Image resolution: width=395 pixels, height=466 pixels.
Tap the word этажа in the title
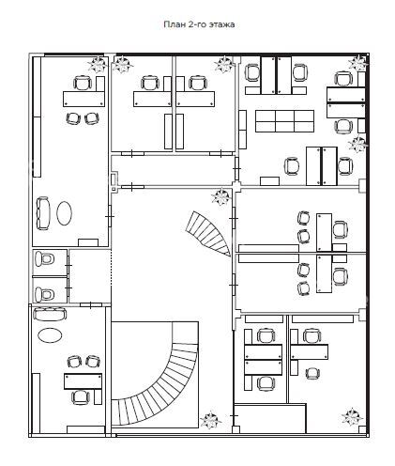tap(221, 24)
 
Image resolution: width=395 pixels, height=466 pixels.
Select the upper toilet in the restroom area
tap(44, 259)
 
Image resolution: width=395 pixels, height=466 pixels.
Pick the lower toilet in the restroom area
tap(44, 294)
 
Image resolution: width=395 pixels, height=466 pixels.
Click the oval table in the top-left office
tap(65, 213)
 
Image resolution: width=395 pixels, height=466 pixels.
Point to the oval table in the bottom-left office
tap(50, 335)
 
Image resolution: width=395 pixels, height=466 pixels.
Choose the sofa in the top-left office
tap(43, 213)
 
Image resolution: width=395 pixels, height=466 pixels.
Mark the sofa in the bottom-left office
tap(50, 315)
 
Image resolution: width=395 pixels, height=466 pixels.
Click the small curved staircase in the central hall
tap(210, 233)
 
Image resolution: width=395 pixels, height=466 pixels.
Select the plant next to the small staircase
tap(221, 196)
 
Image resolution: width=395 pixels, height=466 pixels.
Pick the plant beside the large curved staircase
tap(210, 420)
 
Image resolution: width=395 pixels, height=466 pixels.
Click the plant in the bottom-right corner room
tap(353, 416)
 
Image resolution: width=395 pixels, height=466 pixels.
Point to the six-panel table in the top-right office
tap(284, 121)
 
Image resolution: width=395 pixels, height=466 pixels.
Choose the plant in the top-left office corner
tap(98, 64)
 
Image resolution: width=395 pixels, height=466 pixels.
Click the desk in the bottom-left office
tap(84, 381)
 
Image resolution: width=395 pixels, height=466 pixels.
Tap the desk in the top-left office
tap(84, 99)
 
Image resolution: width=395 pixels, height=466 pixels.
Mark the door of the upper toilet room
tap(68, 266)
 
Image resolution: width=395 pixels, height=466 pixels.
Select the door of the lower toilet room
tap(68, 287)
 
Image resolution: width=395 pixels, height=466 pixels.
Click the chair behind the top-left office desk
tap(83, 84)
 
